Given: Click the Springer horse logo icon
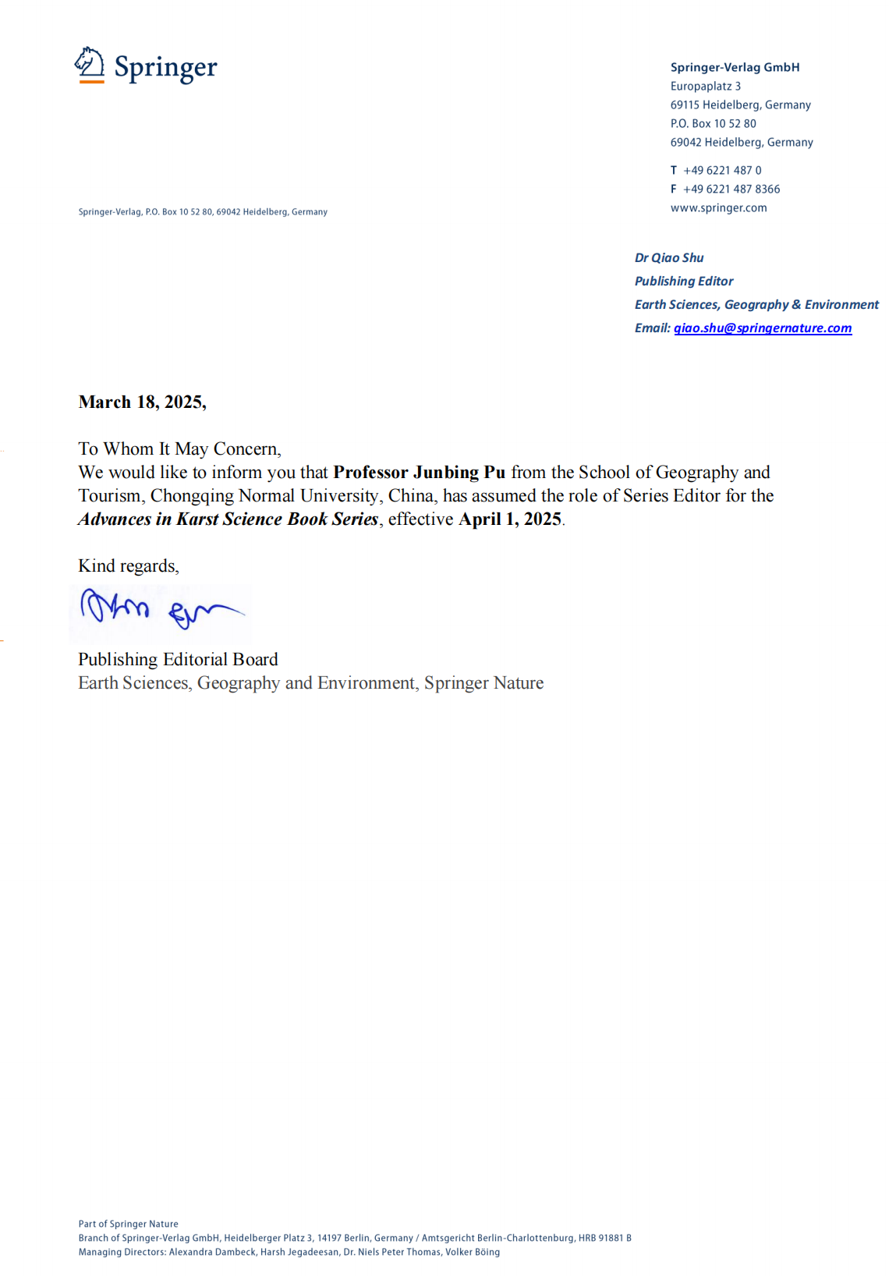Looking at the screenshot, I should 90,64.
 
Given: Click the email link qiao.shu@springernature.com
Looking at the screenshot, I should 762,328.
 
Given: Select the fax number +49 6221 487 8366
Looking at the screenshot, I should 731,190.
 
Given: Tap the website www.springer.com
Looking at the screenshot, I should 718,208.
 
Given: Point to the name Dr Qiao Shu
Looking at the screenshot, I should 669,258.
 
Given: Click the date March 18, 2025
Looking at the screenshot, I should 142,402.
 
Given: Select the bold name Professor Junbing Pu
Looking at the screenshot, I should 419,473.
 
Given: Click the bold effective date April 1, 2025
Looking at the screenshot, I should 510,519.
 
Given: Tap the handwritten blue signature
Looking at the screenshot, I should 160,610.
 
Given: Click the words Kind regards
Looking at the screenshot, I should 128,566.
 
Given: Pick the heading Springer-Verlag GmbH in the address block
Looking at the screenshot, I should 735,68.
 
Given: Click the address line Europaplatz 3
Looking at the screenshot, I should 705,87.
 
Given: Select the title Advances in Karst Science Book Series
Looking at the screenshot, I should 228,519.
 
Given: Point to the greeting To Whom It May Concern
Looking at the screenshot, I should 179,449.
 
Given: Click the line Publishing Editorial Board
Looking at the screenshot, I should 178,660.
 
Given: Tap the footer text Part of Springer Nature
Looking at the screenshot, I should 128,1224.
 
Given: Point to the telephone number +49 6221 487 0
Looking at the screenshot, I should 722,171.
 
